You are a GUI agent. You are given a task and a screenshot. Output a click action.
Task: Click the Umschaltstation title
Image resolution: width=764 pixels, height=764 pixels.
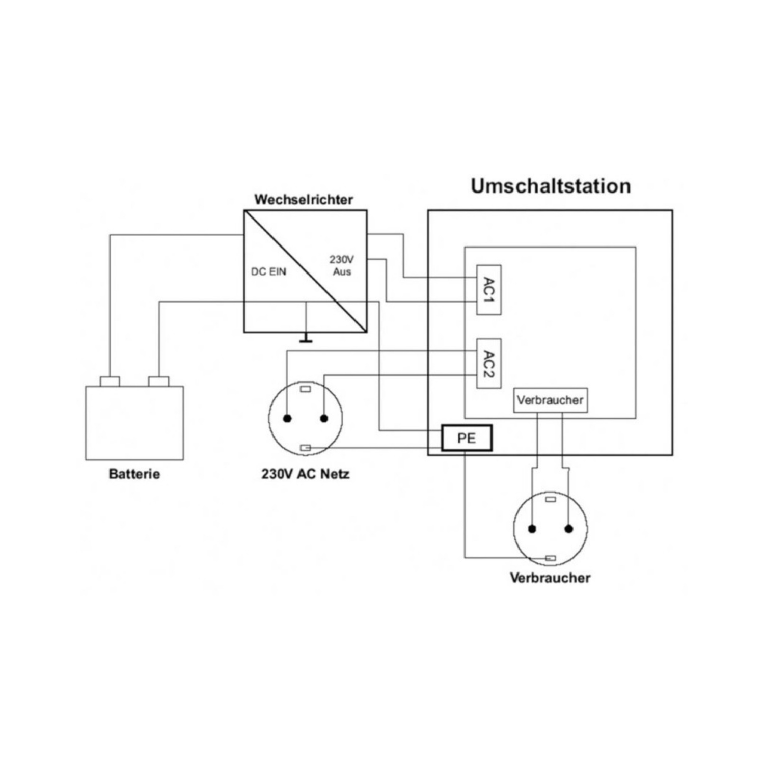pos(551,186)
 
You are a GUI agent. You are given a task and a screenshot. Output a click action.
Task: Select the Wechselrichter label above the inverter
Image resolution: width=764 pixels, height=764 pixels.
pos(304,199)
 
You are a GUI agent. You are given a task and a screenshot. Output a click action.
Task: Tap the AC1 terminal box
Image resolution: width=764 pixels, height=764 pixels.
pos(488,290)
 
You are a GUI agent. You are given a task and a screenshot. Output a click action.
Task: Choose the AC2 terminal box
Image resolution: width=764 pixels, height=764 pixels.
pos(488,363)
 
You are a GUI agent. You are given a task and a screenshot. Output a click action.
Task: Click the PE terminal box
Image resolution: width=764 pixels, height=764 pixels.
pos(467,438)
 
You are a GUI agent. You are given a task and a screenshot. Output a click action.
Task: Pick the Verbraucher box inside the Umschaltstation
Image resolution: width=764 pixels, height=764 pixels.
pos(550,400)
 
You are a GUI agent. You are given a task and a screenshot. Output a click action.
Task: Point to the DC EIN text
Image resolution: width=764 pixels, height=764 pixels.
pos(268,271)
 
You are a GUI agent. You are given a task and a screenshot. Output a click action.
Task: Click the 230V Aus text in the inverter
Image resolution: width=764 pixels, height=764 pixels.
pos(342,265)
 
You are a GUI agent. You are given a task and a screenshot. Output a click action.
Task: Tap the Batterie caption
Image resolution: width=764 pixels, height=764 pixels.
pos(134,474)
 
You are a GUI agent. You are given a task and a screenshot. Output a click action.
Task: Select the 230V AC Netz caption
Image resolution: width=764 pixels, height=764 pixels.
pos(306,474)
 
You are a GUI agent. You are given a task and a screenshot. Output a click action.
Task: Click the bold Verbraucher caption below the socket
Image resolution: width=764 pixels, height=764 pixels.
pos(550,578)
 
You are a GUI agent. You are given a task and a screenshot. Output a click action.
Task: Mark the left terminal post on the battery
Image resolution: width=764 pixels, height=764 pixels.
pos(110,381)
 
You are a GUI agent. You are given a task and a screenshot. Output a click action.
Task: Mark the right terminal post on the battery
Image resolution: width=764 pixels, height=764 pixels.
pos(158,381)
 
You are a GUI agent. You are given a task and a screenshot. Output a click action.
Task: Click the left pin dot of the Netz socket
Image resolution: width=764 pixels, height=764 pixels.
pos(287,418)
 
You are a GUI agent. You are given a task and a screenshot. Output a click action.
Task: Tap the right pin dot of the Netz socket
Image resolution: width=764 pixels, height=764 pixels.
pos(324,418)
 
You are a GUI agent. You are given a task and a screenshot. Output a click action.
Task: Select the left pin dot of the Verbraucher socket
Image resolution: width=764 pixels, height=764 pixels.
pos(532,529)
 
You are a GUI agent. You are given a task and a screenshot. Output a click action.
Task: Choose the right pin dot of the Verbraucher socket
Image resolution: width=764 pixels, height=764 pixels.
pos(569,529)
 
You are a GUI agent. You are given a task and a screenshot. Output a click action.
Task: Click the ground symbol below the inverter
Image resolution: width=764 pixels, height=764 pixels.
pos(306,340)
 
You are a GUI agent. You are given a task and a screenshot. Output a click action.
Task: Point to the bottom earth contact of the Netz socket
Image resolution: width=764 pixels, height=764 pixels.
pos(305,448)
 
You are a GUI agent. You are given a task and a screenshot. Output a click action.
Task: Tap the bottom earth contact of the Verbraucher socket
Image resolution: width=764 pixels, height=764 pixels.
pos(550,558)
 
